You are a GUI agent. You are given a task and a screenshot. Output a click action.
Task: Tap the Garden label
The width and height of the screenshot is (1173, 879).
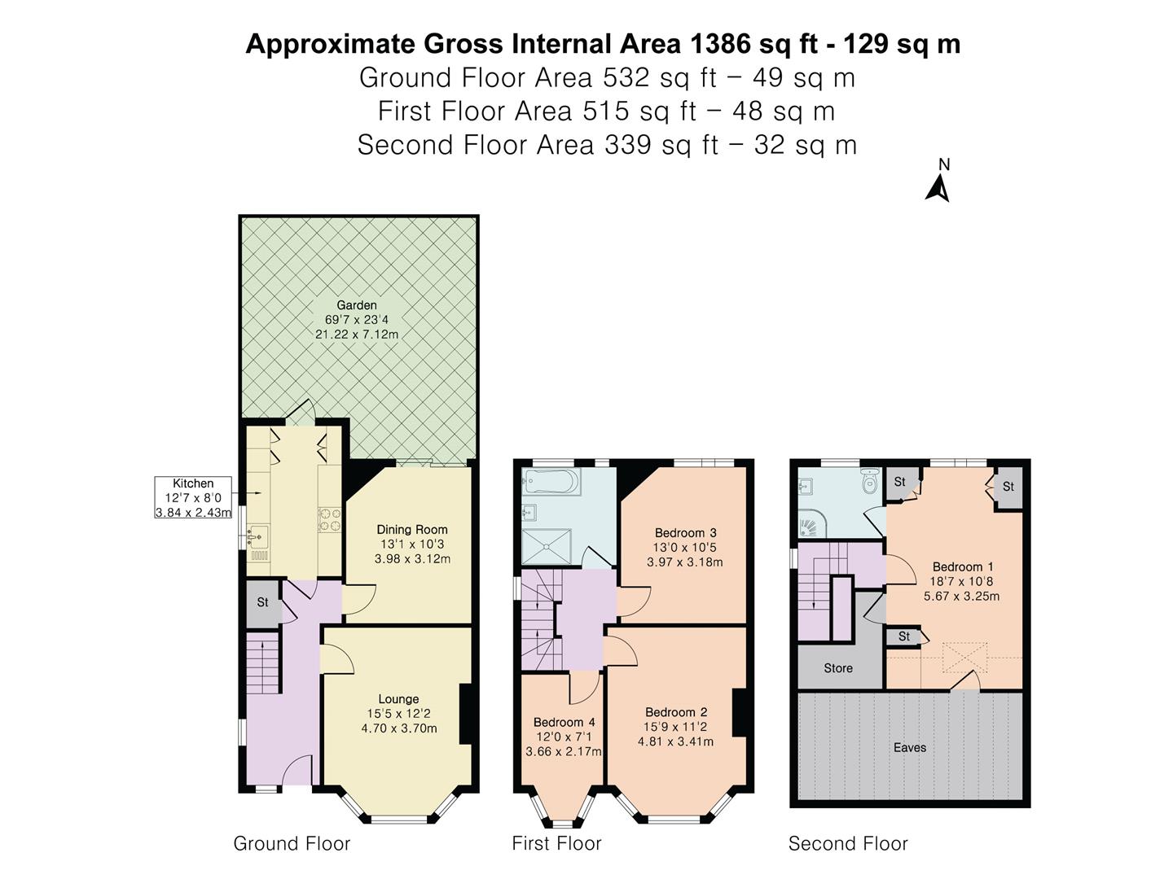pos(357,305)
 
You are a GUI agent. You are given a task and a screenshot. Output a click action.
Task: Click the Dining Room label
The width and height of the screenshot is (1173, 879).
pos(412,529)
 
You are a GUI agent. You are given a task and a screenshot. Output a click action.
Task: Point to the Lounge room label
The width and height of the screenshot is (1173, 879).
pos(398,699)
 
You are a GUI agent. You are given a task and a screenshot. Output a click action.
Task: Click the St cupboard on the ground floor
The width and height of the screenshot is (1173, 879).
pos(263,604)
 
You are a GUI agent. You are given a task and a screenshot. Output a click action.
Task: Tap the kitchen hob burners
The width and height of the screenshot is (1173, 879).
pos(329,520)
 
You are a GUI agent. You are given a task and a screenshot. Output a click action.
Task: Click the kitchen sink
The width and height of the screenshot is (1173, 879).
pos(259,537)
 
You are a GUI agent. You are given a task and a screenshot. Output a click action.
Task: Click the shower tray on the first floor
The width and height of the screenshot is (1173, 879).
pos(546,546)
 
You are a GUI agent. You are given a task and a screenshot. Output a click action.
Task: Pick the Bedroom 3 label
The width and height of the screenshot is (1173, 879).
pos(685,532)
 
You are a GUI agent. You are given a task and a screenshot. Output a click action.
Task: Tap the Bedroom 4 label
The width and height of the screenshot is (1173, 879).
pos(564,722)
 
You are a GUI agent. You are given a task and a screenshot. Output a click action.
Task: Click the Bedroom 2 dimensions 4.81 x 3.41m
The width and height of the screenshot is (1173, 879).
pos(675,741)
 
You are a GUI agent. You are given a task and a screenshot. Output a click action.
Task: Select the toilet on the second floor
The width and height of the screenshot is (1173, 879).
pos(870,482)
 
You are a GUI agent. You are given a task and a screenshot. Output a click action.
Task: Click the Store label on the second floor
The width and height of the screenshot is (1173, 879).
pos(838,668)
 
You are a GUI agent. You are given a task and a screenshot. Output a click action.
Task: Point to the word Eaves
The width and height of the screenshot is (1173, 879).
pos(910,748)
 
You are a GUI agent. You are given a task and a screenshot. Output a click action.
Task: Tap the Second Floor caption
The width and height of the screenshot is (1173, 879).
pos(848,844)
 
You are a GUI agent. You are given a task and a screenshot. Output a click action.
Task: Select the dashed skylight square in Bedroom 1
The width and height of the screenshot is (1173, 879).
pos(964,657)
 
